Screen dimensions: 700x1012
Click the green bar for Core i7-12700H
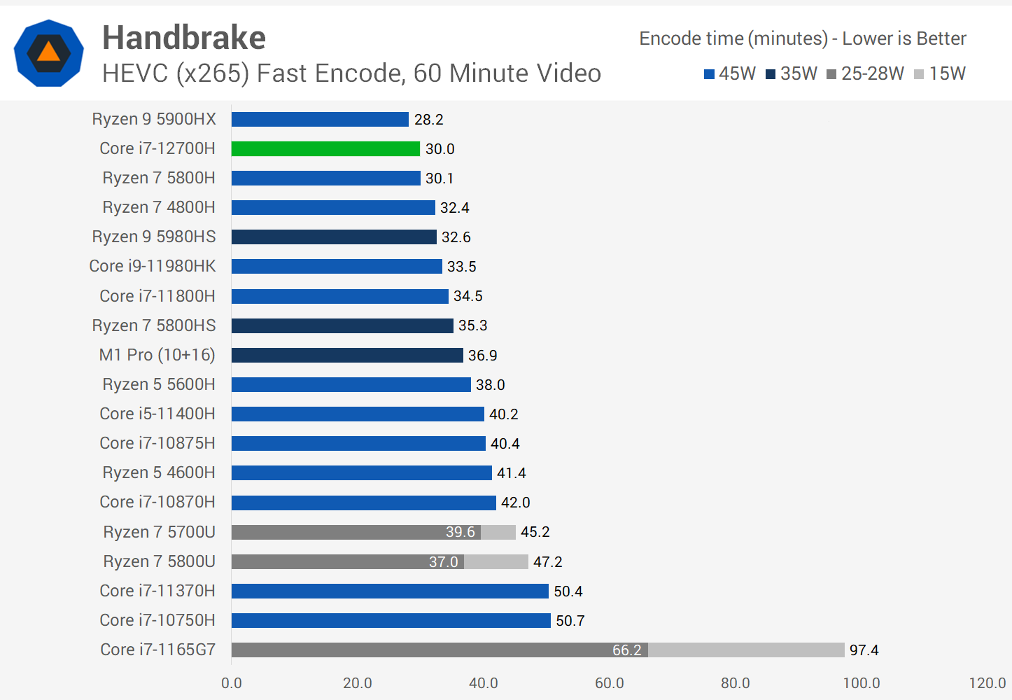[x=325, y=148]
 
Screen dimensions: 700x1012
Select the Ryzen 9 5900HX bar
[x=320, y=119]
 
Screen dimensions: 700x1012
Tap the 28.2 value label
[x=428, y=120]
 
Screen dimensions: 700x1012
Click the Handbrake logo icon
[x=49, y=53]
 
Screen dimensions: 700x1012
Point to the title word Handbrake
[x=184, y=38]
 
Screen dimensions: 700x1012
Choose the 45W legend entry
[x=730, y=73]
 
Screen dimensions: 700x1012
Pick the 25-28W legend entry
[x=866, y=73]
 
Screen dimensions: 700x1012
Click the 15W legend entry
[x=940, y=73]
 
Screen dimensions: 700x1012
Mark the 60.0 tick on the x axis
[x=609, y=683]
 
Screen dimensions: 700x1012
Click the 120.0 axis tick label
[x=987, y=683]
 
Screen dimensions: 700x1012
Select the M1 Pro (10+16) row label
[x=157, y=355]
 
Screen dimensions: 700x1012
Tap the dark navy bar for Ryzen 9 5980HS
[x=334, y=237]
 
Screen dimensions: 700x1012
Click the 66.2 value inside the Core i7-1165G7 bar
[x=626, y=650]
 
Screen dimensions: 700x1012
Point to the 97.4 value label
[x=864, y=650]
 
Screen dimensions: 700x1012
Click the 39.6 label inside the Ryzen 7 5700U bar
[x=460, y=532]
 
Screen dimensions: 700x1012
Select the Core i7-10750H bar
[x=391, y=620]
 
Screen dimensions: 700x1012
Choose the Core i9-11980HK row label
[x=153, y=266]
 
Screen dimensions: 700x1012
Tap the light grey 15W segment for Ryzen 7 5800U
[x=496, y=561]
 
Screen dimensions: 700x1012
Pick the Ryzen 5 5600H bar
[x=351, y=384]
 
